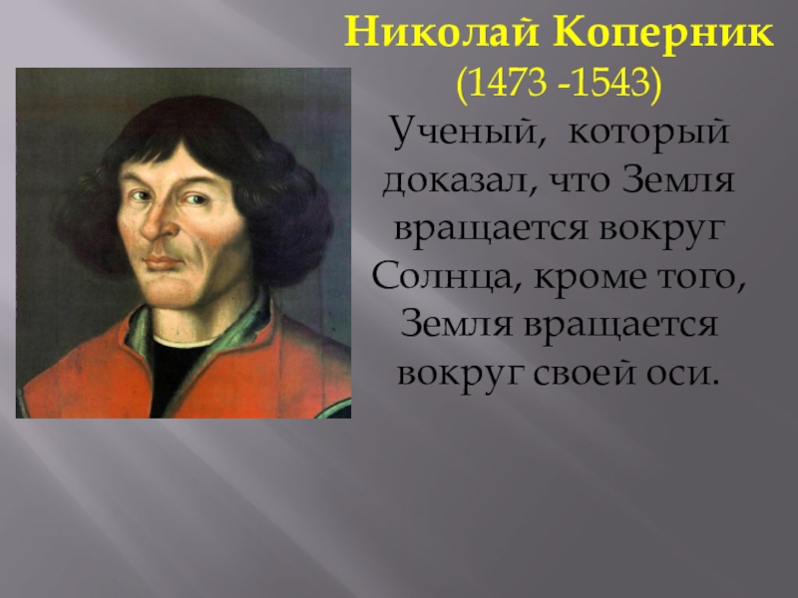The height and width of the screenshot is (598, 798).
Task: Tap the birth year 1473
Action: coord(509,85)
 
